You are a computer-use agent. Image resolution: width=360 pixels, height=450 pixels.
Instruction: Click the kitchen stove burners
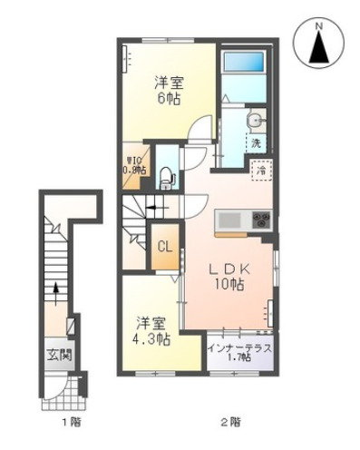(x=260, y=220)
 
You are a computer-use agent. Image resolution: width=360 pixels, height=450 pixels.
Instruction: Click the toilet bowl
(x=166, y=178)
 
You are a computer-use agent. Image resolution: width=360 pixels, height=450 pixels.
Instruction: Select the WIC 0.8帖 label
(x=136, y=165)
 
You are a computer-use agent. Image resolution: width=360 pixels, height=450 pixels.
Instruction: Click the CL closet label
(x=165, y=246)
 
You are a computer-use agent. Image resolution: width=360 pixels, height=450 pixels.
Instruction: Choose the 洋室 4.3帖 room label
(x=153, y=330)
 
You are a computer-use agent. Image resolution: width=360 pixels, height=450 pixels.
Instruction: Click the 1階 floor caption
(x=69, y=422)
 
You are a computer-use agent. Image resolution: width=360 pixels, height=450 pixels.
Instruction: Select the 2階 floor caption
(x=229, y=422)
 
